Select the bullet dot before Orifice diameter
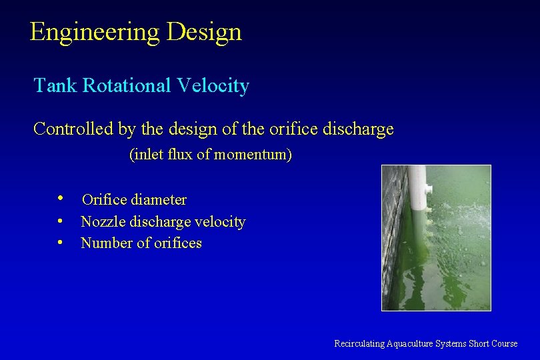pos(61,199)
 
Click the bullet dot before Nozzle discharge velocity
pos(61,221)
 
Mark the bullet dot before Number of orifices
pos(61,242)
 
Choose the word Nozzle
pos(102,221)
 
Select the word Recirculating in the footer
pos(359,343)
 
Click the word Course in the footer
pos(504,343)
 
